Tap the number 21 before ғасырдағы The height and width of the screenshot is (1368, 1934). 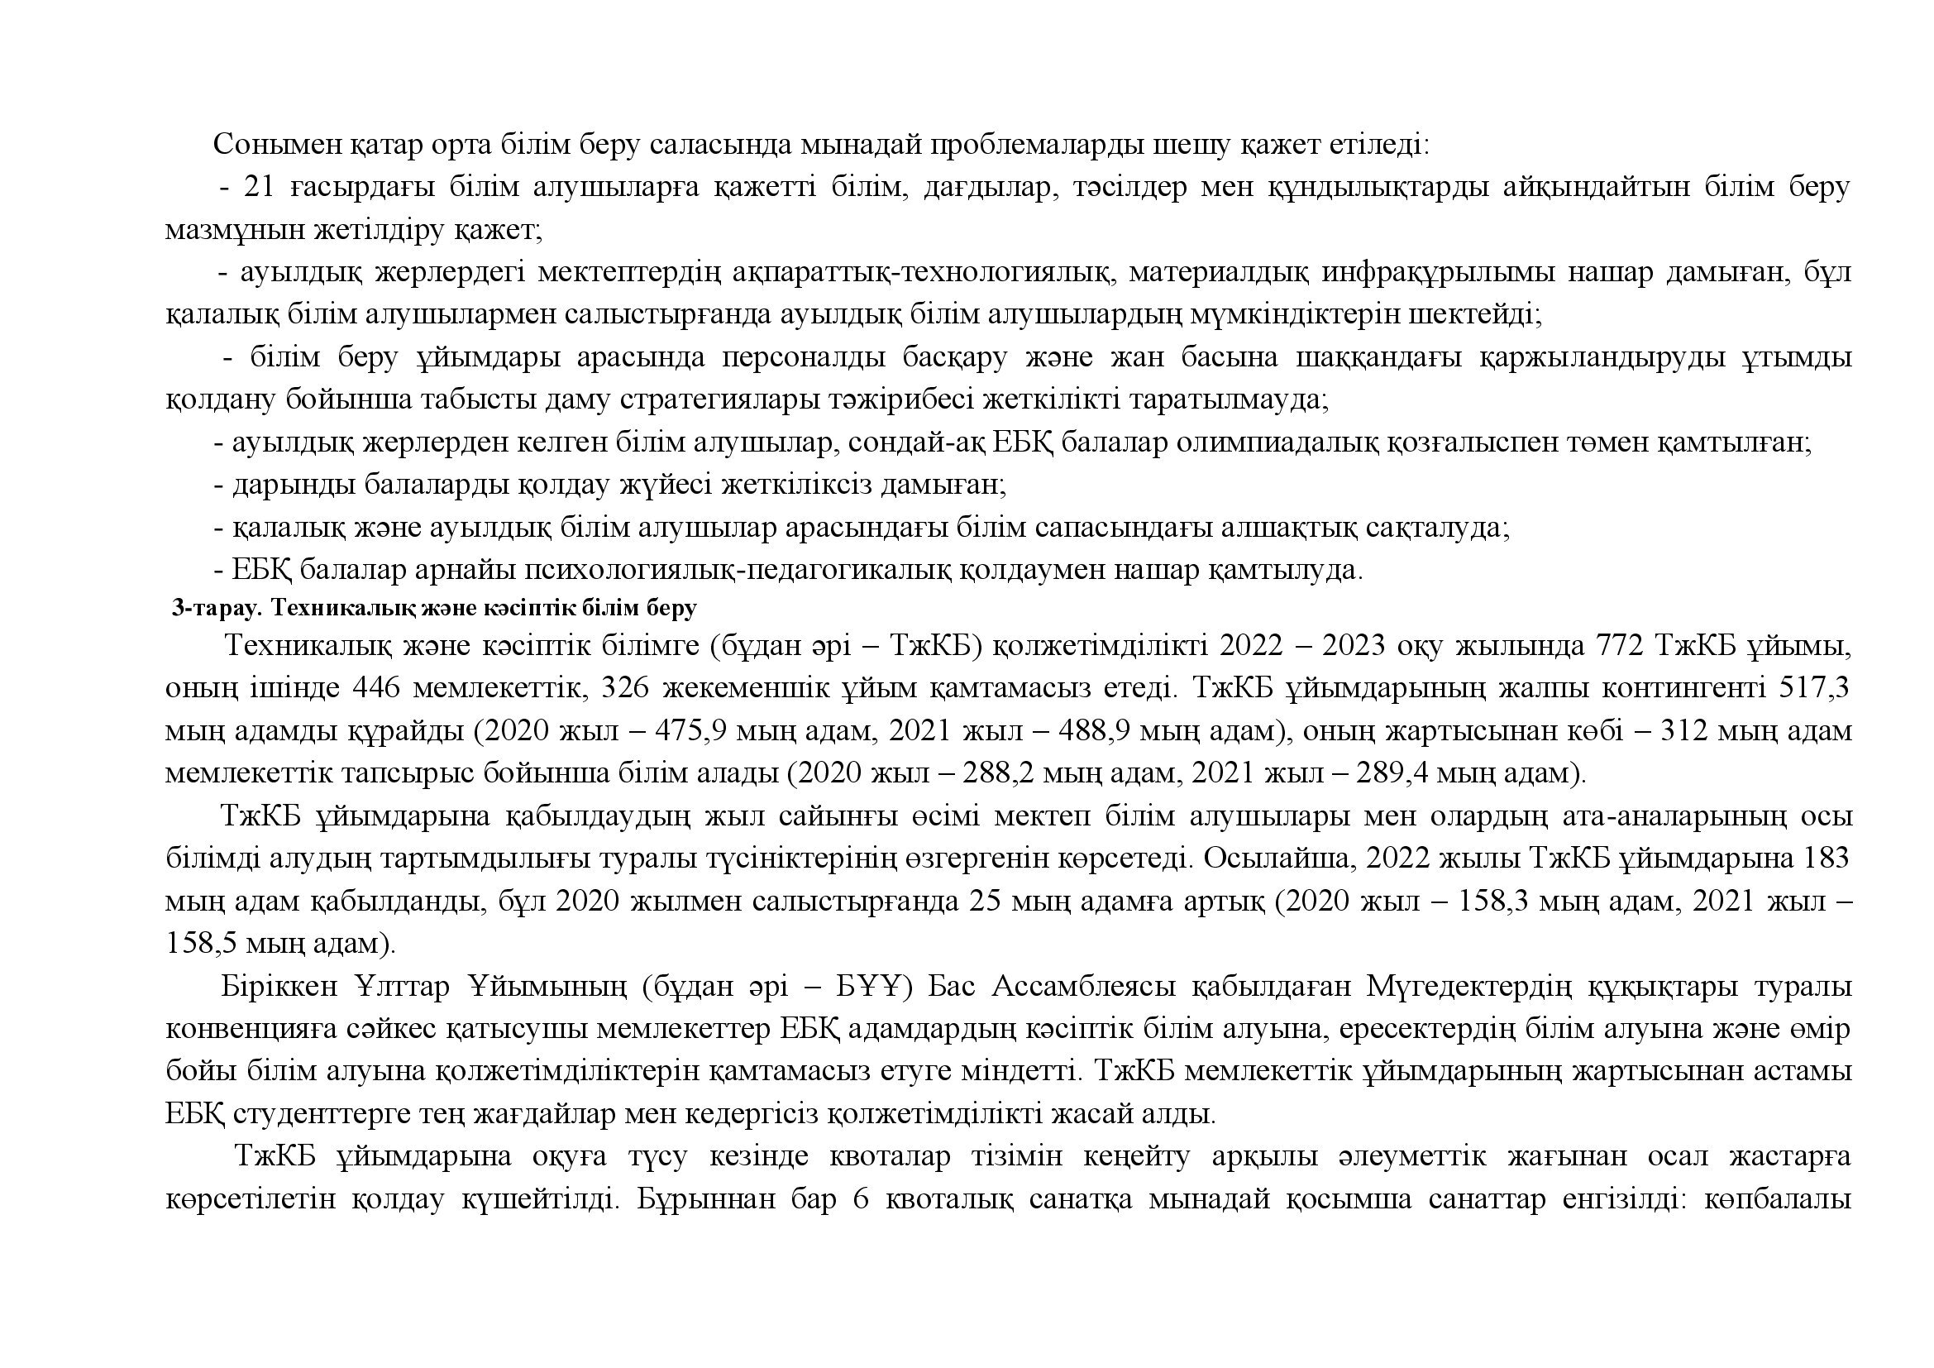(260, 187)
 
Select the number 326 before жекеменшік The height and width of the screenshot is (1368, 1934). (629, 688)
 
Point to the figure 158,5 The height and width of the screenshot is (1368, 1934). (200, 943)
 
